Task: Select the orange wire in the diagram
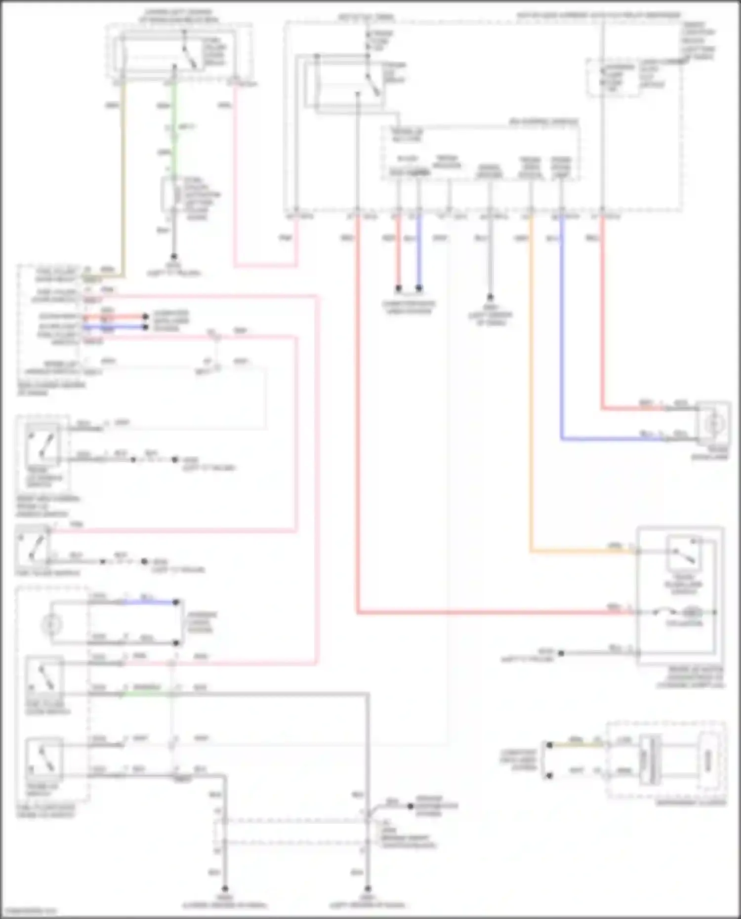point(531,395)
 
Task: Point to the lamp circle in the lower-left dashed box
point(50,625)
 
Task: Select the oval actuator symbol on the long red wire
point(692,613)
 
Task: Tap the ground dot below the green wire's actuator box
point(173,257)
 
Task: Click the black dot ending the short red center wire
point(398,288)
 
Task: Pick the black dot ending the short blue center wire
point(419,288)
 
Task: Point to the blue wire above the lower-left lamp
point(148,602)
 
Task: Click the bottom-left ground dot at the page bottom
point(225,888)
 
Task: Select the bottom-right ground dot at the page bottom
point(368,888)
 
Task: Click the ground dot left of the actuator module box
point(561,653)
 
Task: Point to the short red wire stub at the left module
point(114,317)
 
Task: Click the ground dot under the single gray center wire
point(490,297)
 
